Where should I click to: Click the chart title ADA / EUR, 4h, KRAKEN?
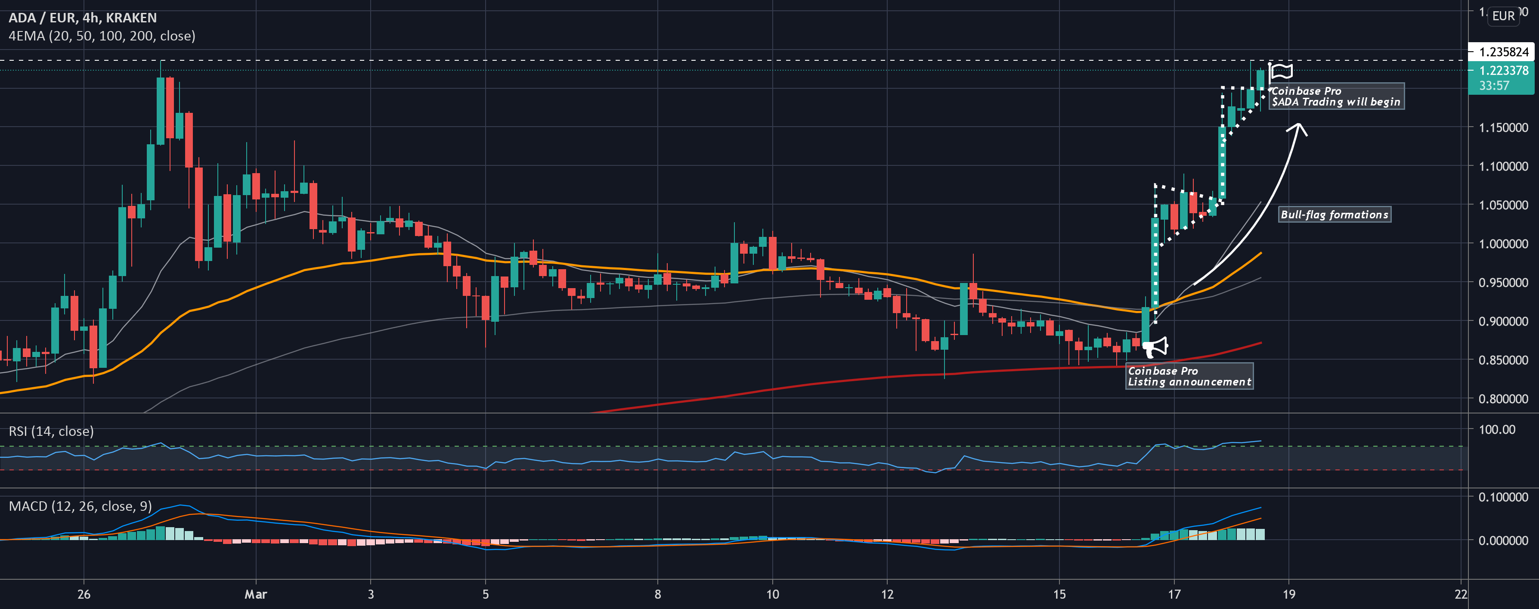(x=83, y=18)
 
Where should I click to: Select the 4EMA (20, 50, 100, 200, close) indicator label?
(x=102, y=36)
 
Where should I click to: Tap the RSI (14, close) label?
(x=51, y=431)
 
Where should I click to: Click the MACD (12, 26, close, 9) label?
(x=80, y=506)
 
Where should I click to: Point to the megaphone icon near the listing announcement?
(x=1155, y=347)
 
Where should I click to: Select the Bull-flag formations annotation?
(x=1334, y=214)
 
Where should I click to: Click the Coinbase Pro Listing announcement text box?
(x=1189, y=376)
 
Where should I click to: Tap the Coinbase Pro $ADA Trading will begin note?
(x=1336, y=96)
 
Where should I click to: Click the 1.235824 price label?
(x=1503, y=52)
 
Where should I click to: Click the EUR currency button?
(x=1503, y=16)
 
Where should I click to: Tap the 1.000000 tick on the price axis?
(x=1503, y=244)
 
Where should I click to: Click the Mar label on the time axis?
(x=256, y=594)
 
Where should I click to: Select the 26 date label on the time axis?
(x=84, y=594)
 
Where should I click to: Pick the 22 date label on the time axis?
(x=1461, y=594)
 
